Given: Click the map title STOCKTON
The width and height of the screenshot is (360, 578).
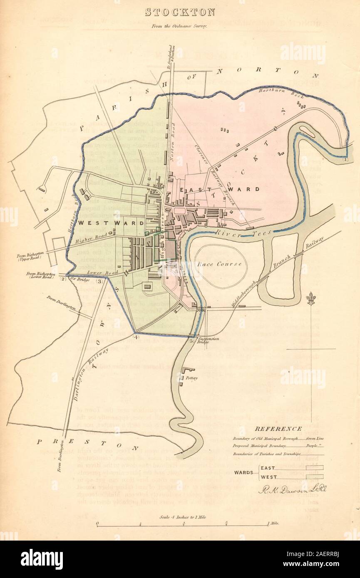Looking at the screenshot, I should point(180,12).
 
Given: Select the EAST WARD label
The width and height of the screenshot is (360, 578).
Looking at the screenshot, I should point(220,189).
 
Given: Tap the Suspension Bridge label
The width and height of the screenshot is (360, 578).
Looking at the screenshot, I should point(208,340).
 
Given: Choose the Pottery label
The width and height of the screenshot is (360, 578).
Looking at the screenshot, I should point(191,378).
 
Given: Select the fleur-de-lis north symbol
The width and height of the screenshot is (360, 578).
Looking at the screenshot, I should point(310,298).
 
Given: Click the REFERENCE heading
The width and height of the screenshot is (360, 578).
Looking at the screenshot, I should point(278,429).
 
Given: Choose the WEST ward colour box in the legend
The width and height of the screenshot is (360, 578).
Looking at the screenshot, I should point(314,477).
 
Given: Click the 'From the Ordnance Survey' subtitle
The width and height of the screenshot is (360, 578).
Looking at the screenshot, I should point(180,25).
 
